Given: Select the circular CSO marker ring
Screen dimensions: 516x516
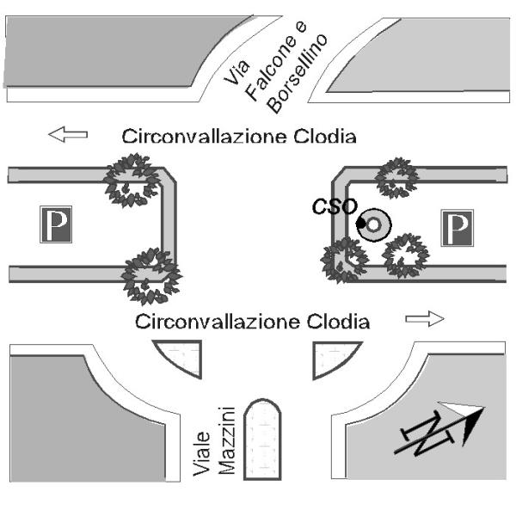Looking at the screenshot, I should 376,225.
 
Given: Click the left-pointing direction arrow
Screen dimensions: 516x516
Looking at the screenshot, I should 68,134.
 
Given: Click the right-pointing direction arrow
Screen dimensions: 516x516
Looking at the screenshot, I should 425,319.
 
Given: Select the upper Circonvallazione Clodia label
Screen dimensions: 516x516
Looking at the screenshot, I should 239,136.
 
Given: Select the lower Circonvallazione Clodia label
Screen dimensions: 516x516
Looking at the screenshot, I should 253,322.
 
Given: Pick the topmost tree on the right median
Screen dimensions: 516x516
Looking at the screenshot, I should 397,177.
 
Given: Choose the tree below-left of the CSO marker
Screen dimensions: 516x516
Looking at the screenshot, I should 343,259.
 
